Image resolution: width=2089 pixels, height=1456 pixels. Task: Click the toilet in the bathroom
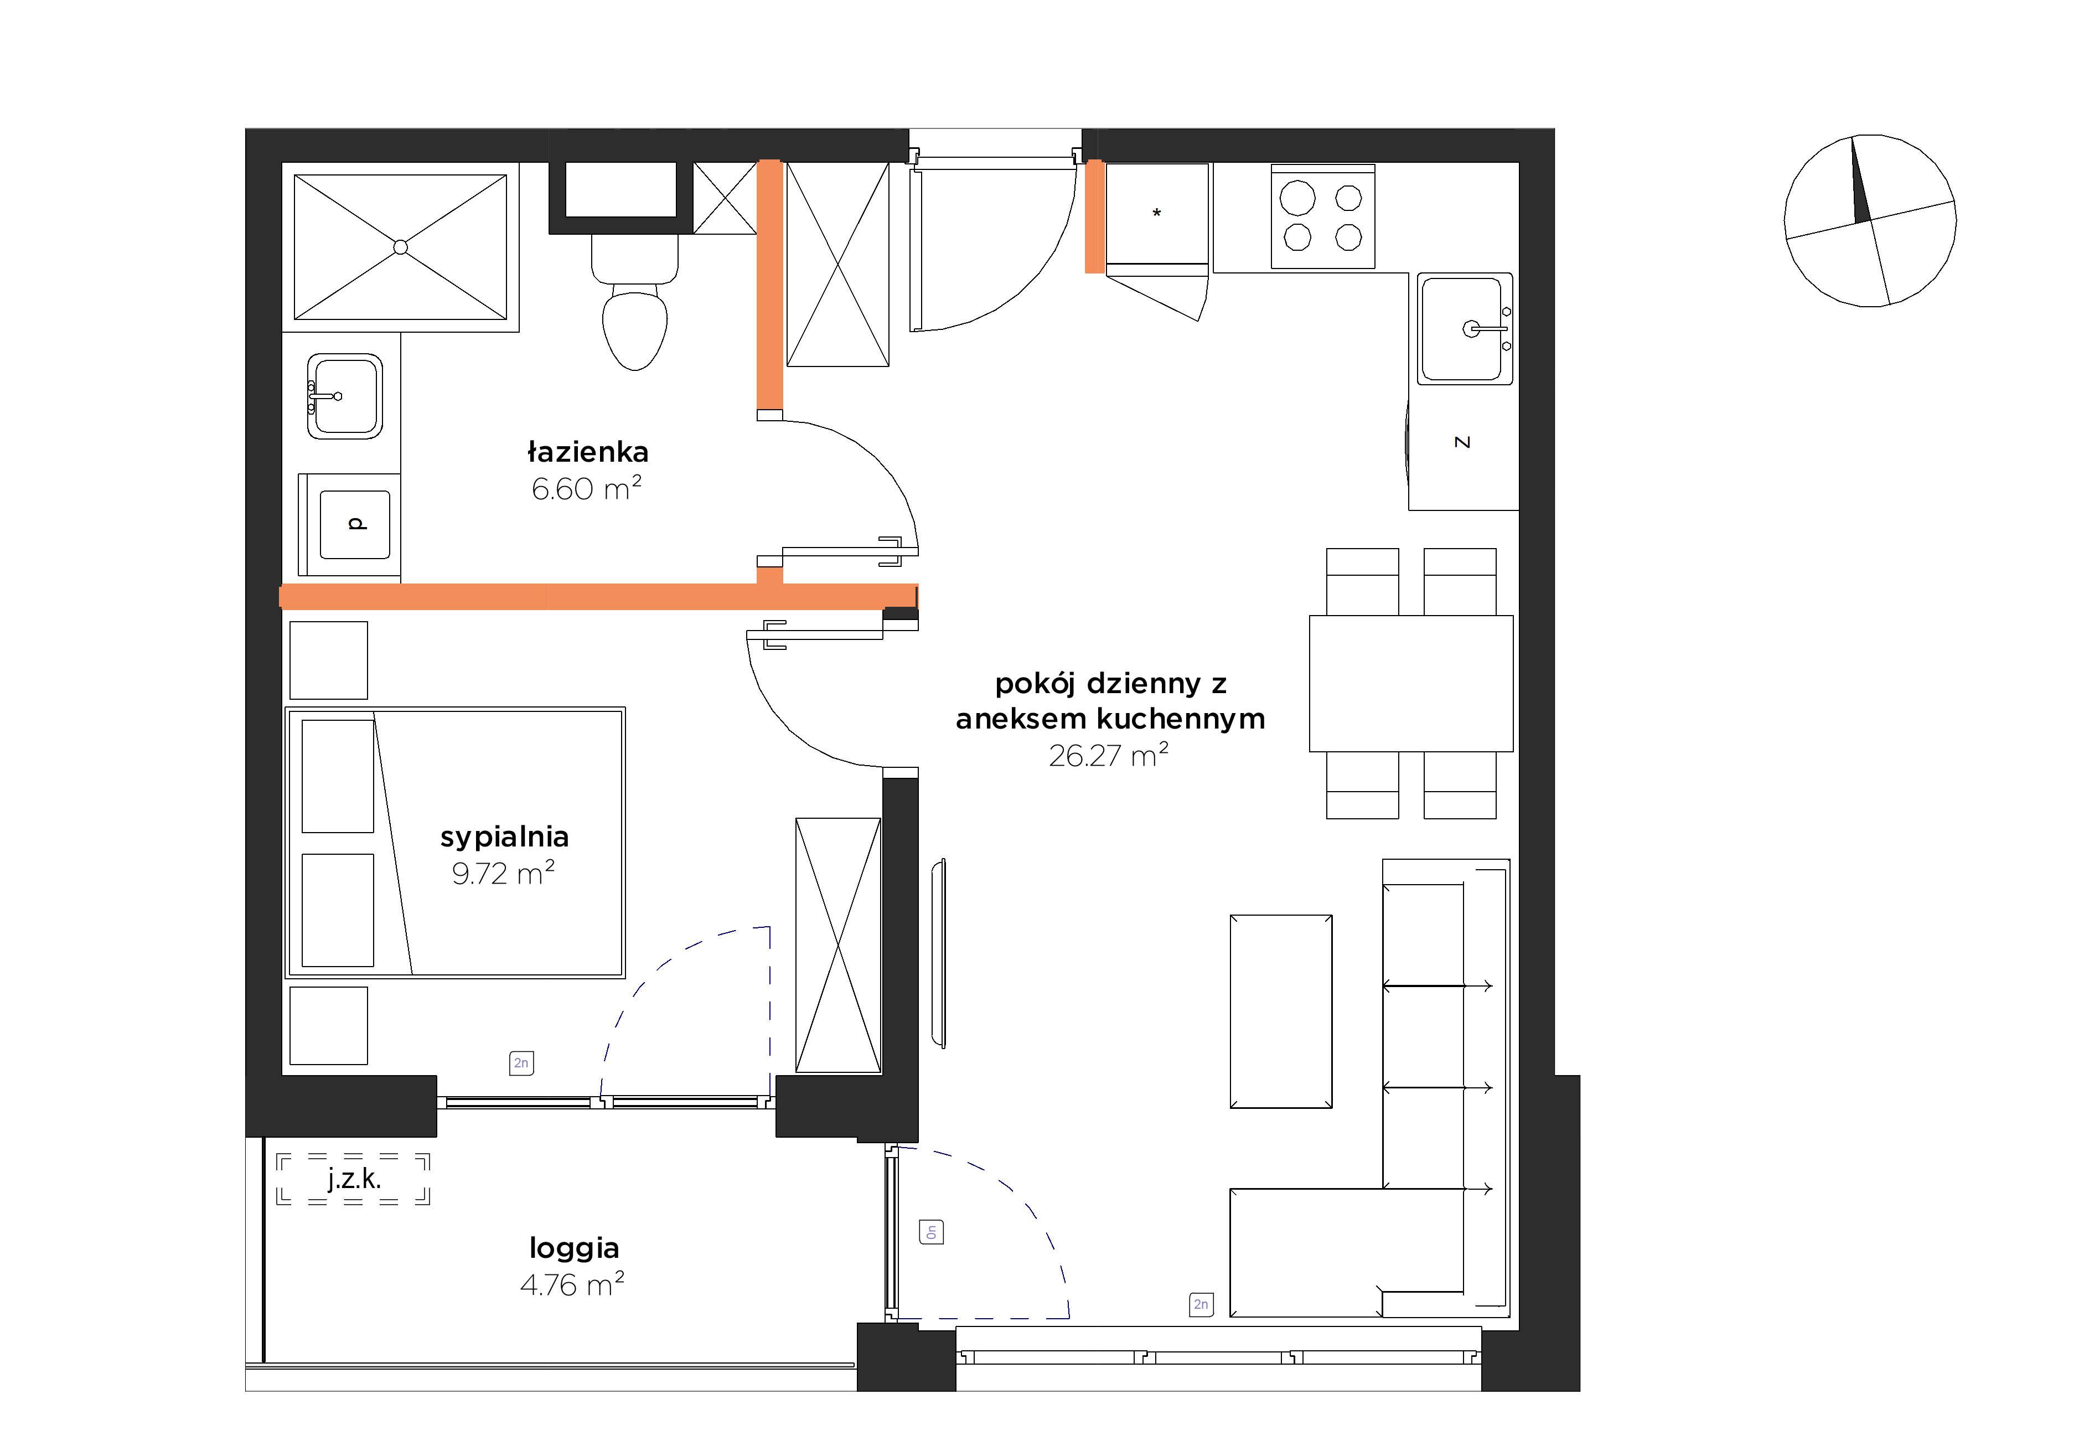tap(635, 302)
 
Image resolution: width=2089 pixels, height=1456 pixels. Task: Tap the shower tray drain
tap(400, 246)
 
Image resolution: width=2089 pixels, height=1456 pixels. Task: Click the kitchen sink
tap(1465, 328)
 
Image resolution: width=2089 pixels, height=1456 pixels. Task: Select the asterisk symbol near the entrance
tap(1156, 214)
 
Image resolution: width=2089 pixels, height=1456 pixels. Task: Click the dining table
tap(1411, 683)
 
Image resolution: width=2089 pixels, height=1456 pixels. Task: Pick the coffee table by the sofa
tap(1281, 1011)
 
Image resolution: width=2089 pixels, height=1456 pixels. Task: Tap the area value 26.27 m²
tap(1108, 755)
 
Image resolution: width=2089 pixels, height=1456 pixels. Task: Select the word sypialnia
tap(504, 837)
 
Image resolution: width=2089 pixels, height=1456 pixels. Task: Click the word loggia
tap(574, 1248)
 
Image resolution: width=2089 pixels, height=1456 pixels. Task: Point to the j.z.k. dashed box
tap(353, 1179)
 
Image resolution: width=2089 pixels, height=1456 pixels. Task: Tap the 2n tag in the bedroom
tap(521, 1063)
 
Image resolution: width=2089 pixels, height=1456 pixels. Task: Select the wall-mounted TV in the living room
tap(939, 953)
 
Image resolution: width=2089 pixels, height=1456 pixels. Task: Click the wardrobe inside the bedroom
tap(838, 946)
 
